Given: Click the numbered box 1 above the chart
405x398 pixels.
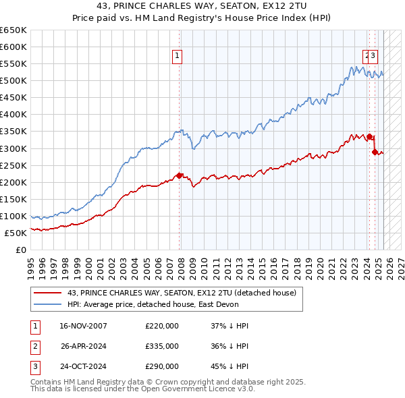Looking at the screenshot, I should point(177,57).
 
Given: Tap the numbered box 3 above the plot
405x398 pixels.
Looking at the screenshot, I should point(373,57).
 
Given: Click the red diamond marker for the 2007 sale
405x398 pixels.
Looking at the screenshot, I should point(180,175).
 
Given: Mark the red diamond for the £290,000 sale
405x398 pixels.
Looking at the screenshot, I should point(374,152).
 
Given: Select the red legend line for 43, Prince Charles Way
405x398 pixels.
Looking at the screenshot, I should point(47,293).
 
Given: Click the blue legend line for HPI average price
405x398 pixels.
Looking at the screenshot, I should point(47,305).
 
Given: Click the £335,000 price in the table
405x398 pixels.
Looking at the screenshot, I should point(162,347).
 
